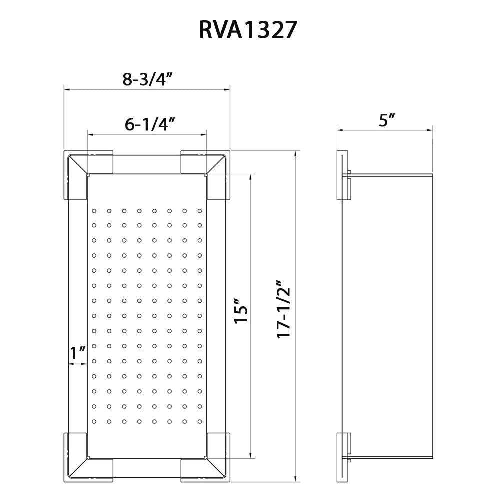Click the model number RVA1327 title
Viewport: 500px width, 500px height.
click(248, 30)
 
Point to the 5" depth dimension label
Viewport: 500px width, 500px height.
click(387, 120)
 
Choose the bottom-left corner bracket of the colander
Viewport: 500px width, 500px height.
click(82, 463)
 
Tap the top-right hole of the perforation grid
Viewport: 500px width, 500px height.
click(200, 211)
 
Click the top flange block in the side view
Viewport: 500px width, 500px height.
click(342, 175)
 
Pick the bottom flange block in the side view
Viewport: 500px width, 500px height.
click(342, 457)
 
